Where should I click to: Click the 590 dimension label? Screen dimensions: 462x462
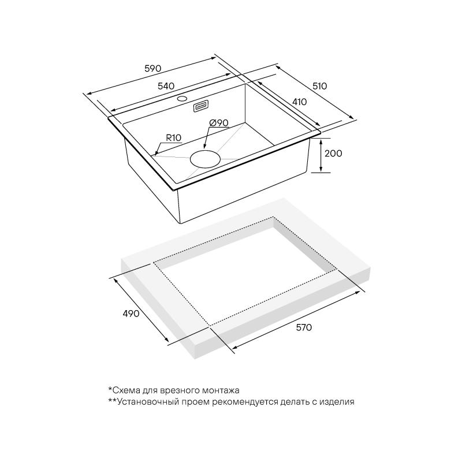[x=153, y=68]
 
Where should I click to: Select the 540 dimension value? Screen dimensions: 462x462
[x=166, y=86]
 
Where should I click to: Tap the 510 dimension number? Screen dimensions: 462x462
[x=320, y=86]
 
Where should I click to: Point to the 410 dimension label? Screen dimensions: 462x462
[x=299, y=102]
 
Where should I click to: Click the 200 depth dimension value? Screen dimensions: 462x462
[x=333, y=153]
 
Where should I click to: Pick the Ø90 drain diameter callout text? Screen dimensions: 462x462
[x=219, y=122]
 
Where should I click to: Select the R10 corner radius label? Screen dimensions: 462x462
[x=174, y=137]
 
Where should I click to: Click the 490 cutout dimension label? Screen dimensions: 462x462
[x=131, y=314]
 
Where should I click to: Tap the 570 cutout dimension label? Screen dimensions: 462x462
[x=304, y=327]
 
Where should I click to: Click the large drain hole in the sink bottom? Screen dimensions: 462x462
[x=205, y=159]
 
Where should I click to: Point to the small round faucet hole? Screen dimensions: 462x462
[x=182, y=98]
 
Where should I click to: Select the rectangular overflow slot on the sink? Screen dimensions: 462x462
[x=201, y=106]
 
